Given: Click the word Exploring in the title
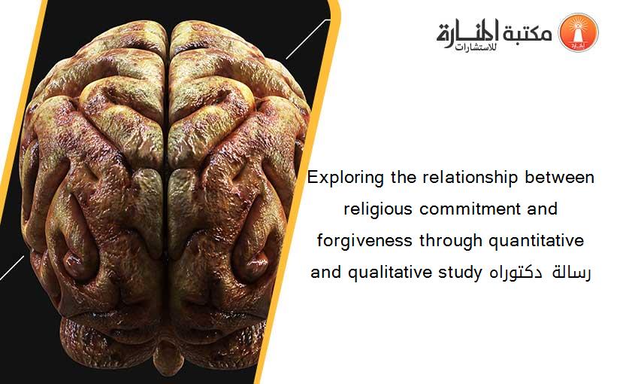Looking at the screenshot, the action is (x=345, y=178).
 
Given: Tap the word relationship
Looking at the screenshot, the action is (x=470, y=178).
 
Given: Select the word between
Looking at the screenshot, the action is (x=559, y=178).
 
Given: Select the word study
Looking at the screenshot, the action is (x=460, y=273).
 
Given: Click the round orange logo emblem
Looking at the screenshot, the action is (x=578, y=32).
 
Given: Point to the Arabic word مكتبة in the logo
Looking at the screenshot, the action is (x=527, y=32).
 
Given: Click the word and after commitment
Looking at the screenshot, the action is (x=543, y=209).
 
